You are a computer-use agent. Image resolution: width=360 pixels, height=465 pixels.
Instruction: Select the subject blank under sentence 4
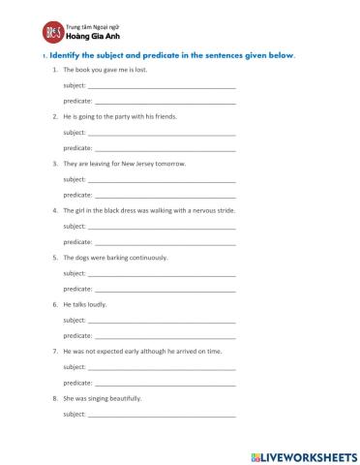(x=162, y=226)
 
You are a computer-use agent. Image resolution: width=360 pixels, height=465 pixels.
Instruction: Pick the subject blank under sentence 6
(x=162, y=320)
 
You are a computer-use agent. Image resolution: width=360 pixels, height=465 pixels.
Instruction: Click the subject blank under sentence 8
(x=162, y=415)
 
